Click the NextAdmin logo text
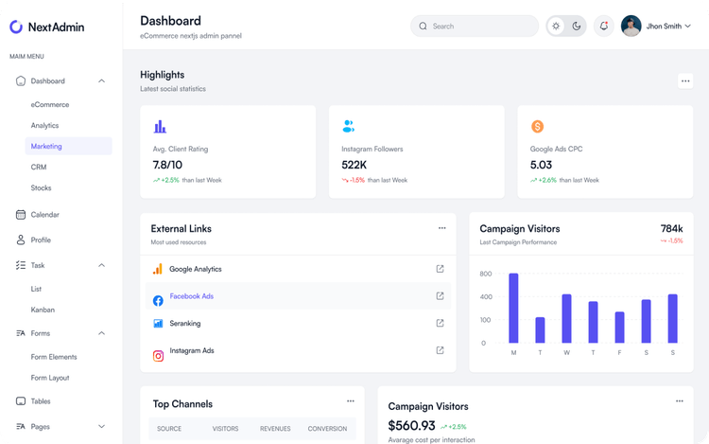[x=56, y=27]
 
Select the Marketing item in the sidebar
[x=46, y=146]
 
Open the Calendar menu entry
[x=44, y=215]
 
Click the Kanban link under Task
[x=43, y=310]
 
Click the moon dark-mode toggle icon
[x=577, y=27]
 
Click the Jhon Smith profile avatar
[x=631, y=27]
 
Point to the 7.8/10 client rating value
[x=167, y=165]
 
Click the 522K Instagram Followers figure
[x=354, y=165]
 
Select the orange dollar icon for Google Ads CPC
[x=537, y=126]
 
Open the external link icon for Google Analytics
[x=440, y=269]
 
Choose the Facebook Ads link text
[x=191, y=296]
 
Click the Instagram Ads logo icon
[x=158, y=356]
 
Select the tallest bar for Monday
[x=513, y=308]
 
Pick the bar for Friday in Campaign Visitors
[x=619, y=327]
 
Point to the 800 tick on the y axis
[x=485, y=274]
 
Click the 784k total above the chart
[x=671, y=228]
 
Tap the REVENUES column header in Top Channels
[x=275, y=429]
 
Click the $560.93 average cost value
[x=411, y=426]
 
